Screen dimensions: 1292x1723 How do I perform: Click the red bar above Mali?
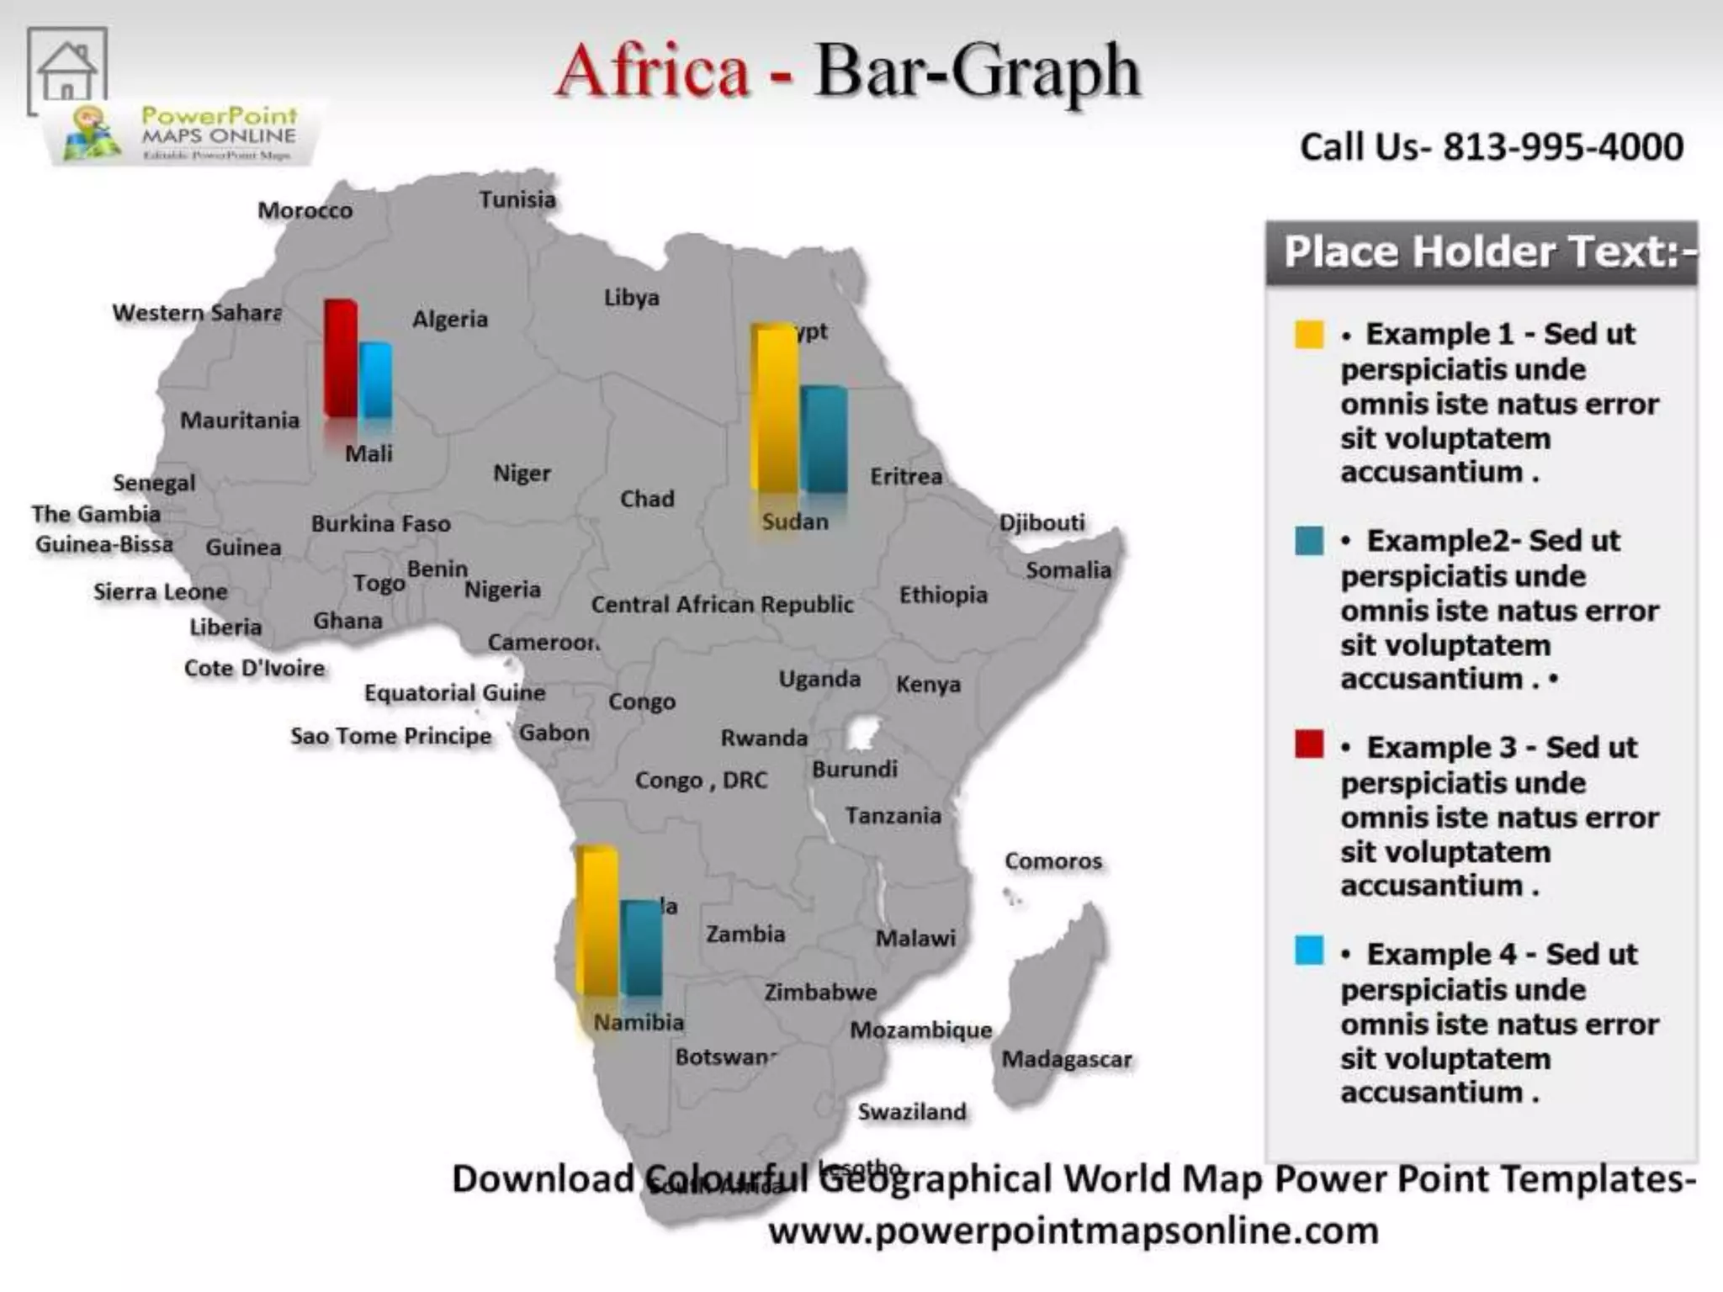pos(341,357)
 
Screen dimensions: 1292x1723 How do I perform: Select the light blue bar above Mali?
pos(376,380)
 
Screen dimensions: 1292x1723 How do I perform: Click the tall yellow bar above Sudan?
pos(774,408)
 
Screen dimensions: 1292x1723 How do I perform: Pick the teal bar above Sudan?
pos(824,439)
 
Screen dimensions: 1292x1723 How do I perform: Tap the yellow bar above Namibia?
pos(597,921)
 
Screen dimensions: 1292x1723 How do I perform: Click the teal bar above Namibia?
pos(642,949)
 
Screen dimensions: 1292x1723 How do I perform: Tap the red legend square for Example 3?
pos(1309,744)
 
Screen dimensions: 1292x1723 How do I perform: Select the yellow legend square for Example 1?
pos(1309,334)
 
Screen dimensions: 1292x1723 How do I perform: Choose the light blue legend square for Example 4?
pos(1309,950)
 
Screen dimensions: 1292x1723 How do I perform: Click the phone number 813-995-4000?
pos(1563,147)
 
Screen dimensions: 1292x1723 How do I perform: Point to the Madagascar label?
pos(1066,1059)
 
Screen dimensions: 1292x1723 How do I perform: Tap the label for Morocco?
pos(305,210)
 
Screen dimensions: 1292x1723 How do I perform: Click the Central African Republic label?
pos(722,605)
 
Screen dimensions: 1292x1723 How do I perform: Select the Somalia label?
pos(1068,570)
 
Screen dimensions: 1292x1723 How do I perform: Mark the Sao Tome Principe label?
pos(390,736)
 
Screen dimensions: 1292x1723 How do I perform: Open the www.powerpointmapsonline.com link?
pos(1073,1231)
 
